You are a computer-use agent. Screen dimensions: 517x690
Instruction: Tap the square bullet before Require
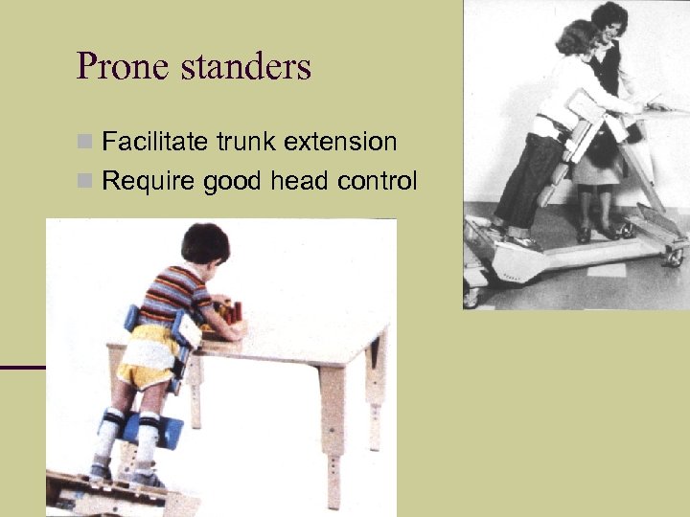tap(84, 181)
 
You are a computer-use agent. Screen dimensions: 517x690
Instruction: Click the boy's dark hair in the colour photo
tap(204, 242)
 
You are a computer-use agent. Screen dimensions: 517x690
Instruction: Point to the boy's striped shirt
tap(172, 297)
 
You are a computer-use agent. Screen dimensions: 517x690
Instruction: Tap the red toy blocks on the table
tap(231, 311)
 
